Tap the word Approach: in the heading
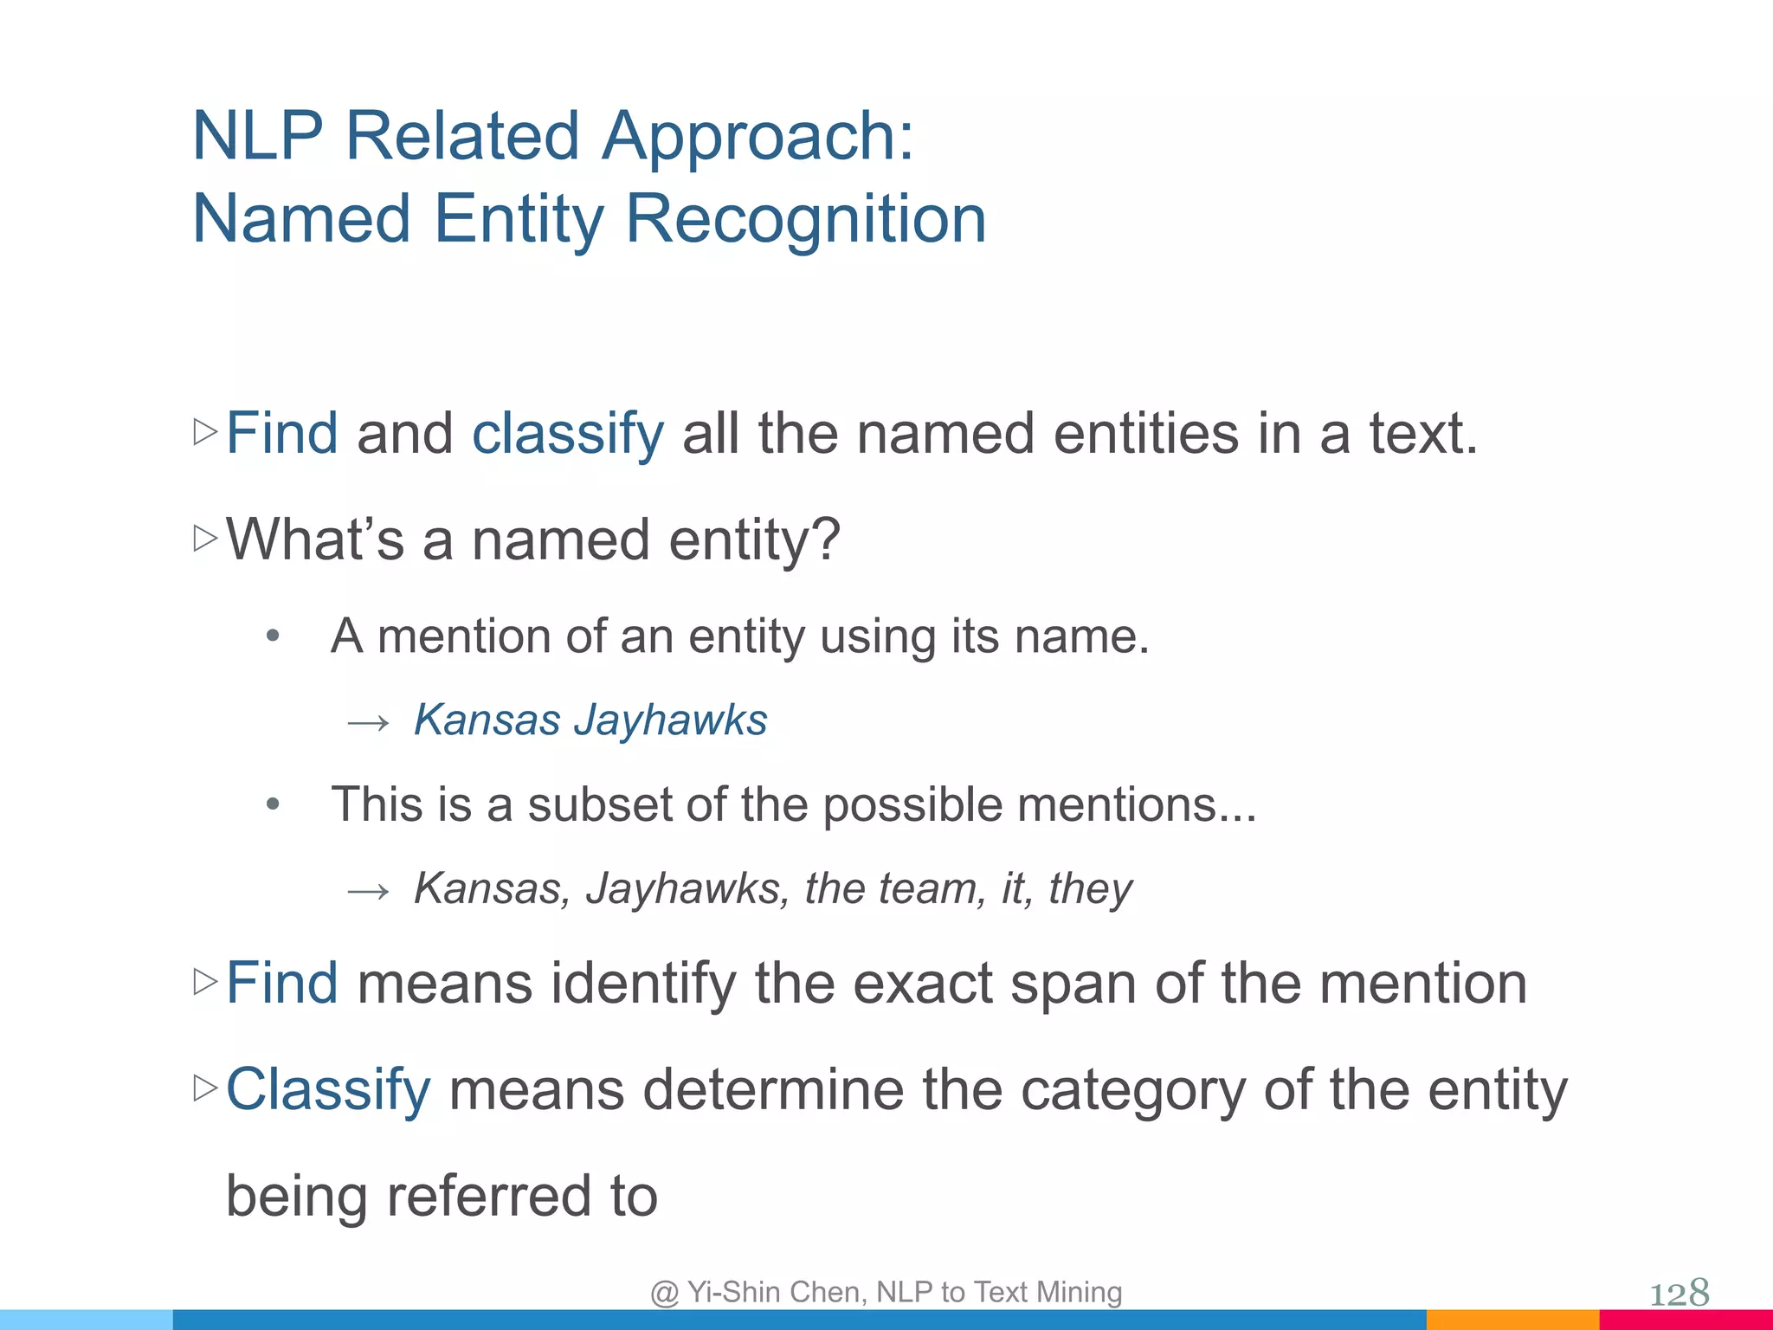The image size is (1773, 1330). [x=758, y=136]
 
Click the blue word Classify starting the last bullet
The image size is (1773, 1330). [x=328, y=1089]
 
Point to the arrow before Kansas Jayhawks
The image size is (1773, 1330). [x=368, y=722]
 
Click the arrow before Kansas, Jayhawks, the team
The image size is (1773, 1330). [x=368, y=890]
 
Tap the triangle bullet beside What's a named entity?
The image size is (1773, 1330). [x=205, y=539]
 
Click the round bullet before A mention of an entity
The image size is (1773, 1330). [x=273, y=636]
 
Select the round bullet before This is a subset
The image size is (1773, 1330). [x=273, y=804]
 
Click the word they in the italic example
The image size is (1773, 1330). [x=1090, y=888]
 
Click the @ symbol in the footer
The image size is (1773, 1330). [x=665, y=1293]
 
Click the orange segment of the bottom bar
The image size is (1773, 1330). [x=1512, y=1320]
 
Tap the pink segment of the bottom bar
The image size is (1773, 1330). [x=1685, y=1320]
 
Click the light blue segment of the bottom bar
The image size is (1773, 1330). [x=87, y=1320]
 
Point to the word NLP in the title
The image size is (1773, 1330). [x=258, y=136]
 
